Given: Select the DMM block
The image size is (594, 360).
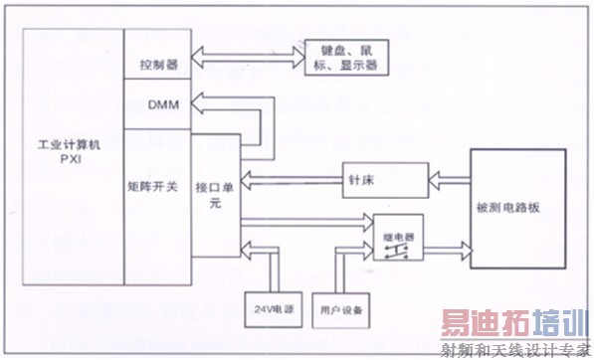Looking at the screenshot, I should coord(159,104).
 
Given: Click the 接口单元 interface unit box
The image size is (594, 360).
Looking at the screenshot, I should coord(215,194).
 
